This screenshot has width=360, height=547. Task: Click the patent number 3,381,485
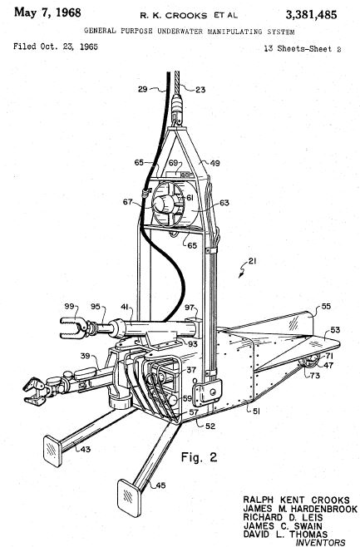pos(311,15)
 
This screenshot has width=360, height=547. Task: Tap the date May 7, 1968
pos(47,13)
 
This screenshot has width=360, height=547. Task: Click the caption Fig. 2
pos(199,457)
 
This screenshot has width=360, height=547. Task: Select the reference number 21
pos(252,261)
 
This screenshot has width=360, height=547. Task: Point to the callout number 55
pos(326,306)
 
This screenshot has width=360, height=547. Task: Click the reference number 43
pos(86,449)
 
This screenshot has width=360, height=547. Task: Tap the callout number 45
pos(160,485)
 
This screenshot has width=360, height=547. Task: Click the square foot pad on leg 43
pos(53,451)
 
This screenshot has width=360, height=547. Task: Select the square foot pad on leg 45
pos(129,498)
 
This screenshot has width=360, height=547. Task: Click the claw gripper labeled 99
pos(74,328)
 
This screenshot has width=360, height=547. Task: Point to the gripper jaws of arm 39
pos(34,391)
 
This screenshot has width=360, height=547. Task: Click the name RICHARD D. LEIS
pos(283,517)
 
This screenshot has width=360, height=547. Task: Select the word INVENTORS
pos(320,543)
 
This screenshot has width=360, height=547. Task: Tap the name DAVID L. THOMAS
pos(285,534)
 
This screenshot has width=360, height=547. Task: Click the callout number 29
pos(143,89)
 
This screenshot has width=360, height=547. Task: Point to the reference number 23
pos(200,90)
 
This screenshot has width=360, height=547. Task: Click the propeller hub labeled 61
pos(163,204)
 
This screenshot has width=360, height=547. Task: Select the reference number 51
pos(256,411)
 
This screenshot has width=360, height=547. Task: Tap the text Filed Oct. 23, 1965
pos(56,47)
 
